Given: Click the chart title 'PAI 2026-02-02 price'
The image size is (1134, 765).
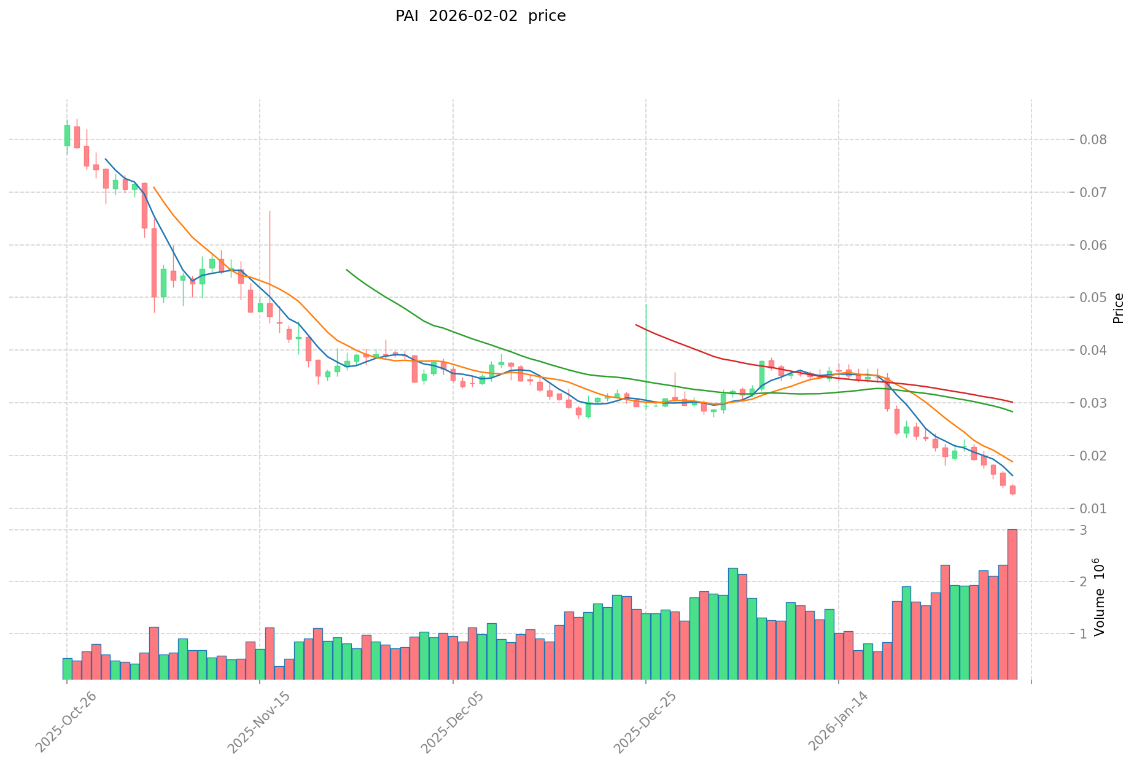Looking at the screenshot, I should coord(480,16).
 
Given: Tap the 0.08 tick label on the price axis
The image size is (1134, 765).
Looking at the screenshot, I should coord(1093,140).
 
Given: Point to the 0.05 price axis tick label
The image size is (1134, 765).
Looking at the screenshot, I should coord(1093,298).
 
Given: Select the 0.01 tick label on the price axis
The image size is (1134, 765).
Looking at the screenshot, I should coord(1093,509).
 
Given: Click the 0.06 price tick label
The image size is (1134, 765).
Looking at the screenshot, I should coord(1093,246).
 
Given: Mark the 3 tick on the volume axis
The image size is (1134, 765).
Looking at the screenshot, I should coord(1084,530).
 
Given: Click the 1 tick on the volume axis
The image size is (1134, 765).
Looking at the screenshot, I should coord(1084,634).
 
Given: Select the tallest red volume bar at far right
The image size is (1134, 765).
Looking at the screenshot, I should coord(1012,605).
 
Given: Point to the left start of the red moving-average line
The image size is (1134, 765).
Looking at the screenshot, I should coord(636,325).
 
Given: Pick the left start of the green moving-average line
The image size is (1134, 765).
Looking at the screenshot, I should coord(347,270).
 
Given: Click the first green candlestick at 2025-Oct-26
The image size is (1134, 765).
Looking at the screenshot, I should coord(67,136).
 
